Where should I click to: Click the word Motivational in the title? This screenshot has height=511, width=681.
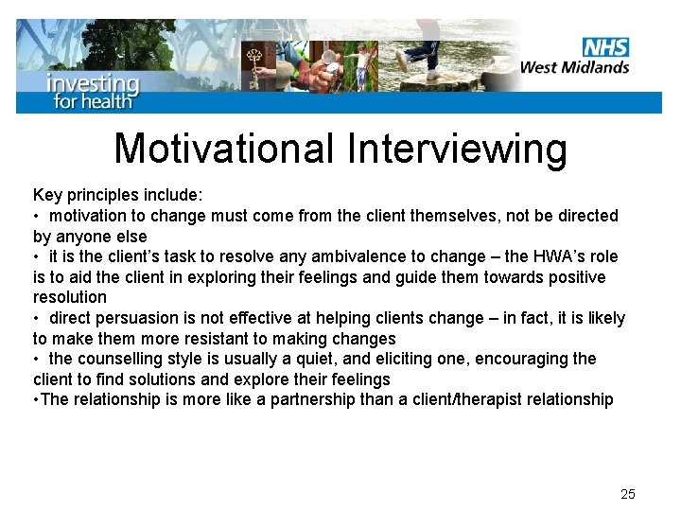tap(224, 149)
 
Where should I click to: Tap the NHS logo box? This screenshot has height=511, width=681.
tap(605, 47)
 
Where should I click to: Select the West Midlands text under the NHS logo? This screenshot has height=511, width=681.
tap(574, 66)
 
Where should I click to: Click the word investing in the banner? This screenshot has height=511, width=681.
tap(93, 82)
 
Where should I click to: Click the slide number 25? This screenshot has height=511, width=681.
tap(628, 494)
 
